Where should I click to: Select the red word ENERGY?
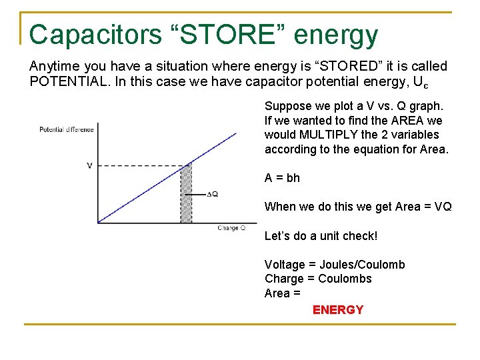click(x=338, y=310)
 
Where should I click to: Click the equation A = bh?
click(x=282, y=178)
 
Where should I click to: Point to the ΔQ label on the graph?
click(x=213, y=194)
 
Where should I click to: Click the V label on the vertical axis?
click(x=89, y=165)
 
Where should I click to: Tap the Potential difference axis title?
click(x=67, y=129)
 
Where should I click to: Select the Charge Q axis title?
click(x=231, y=228)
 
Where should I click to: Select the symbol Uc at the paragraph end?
click(x=421, y=82)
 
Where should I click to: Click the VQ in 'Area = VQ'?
click(x=443, y=207)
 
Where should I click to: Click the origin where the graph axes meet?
click(x=97, y=223)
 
